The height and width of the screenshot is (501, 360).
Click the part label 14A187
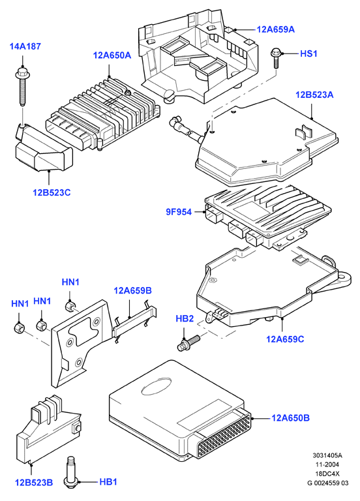(x=25, y=46)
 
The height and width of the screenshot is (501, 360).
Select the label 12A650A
(x=112, y=55)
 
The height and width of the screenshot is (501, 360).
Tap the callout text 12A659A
(x=276, y=29)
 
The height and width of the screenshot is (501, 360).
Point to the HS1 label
(x=308, y=53)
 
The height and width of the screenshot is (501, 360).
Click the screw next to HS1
(x=275, y=58)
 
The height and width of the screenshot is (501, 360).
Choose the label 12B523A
(x=314, y=95)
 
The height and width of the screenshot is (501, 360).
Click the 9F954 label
(x=179, y=211)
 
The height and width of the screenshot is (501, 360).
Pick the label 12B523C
(x=52, y=192)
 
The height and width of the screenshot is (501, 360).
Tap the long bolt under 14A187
(x=22, y=86)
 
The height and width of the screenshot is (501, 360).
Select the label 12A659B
(x=133, y=290)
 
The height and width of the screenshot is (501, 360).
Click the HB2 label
(x=185, y=318)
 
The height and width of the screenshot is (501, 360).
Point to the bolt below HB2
(x=188, y=342)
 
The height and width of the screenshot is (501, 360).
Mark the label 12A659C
(x=285, y=339)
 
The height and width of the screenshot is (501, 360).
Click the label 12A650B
(x=290, y=418)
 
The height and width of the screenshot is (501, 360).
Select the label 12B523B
(x=34, y=482)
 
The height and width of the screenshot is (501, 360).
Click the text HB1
(x=108, y=481)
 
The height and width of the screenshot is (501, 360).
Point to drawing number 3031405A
(x=327, y=455)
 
